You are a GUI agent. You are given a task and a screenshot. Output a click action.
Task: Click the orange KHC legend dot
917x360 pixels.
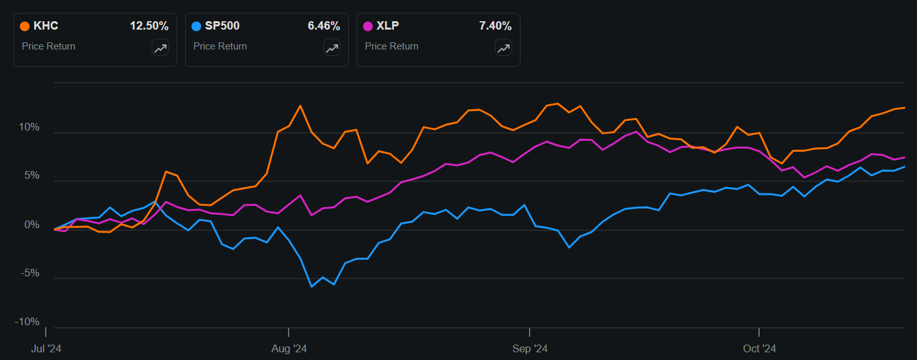[x=25, y=26]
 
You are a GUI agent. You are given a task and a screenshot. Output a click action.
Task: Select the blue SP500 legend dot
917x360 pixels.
[x=197, y=26]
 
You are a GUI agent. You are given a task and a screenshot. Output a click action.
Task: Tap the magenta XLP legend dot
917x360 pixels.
[x=368, y=26]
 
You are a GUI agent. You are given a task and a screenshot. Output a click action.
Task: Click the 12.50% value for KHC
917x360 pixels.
[x=149, y=26]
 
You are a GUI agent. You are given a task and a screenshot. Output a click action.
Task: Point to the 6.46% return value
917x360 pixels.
[x=324, y=26]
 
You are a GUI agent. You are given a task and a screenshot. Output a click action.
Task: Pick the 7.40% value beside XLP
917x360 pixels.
[x=495, y=26]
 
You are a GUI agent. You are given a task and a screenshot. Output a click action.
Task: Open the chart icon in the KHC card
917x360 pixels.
[x=160, y=48]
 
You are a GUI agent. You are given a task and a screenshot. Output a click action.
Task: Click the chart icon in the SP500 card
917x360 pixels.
[x=332, y=48]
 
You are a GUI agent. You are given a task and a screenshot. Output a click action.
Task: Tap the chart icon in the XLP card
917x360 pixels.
[x=503, y=48]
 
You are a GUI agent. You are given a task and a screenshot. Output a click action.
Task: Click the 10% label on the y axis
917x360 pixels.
[x=30, y=127]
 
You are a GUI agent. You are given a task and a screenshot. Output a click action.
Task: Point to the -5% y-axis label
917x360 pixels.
[x=30, y=273]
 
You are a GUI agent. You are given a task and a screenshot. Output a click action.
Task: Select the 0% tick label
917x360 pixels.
[x=32, y=225]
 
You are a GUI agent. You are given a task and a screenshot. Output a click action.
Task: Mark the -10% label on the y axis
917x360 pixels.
[x=28, y=321]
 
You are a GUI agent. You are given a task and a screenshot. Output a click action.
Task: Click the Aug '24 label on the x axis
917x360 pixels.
[x=290, y=348]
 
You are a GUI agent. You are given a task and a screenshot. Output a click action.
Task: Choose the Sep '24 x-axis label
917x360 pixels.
[x=530, y=348]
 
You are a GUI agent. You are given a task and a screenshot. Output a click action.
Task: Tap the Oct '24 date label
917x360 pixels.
[x=760, y=348]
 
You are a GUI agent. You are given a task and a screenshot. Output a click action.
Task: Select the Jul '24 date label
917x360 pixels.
[x=47, y=348]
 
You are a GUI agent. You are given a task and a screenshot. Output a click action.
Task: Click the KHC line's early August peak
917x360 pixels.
[x=300, y=105]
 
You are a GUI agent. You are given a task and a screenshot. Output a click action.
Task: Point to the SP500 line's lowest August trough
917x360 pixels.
[x=312, y=286]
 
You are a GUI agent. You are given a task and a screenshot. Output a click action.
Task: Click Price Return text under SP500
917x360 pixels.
[x=220, y=46]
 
